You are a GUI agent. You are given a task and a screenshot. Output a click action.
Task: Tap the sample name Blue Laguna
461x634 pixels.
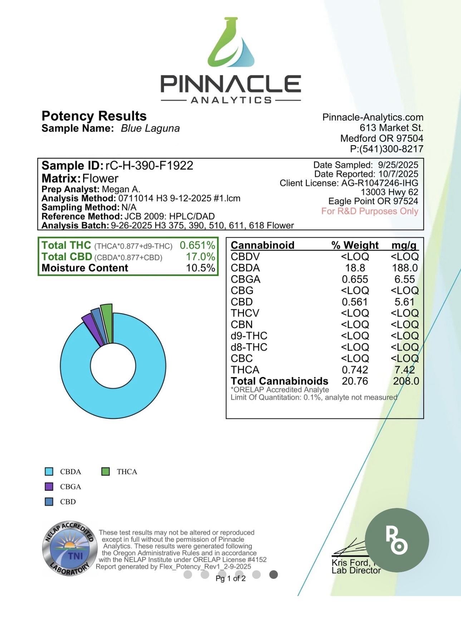(150, 128)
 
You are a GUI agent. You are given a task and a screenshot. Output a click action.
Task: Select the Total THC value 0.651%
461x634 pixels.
(197, 245)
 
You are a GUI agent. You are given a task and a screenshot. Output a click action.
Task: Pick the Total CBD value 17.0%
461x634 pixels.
(200, 257)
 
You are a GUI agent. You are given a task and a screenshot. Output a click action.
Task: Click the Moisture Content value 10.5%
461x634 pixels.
(200, 268)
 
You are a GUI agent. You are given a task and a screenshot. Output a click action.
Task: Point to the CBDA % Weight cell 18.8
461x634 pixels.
(355, 268)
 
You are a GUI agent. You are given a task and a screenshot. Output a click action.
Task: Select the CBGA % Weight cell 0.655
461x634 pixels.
(355, 279)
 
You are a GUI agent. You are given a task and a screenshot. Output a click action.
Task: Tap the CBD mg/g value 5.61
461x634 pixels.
(404, 302)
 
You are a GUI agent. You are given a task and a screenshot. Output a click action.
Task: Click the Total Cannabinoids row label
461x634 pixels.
(279, 381)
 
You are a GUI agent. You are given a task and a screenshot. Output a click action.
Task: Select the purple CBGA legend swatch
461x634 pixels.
(49, 487)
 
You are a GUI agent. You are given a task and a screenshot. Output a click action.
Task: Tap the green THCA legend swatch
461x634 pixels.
(106, 471)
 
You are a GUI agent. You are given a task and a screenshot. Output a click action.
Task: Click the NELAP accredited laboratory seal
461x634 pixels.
(70, 548)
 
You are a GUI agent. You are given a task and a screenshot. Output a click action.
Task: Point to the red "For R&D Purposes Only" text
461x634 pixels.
(369, 211)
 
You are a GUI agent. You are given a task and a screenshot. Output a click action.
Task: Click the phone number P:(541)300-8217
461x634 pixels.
(387, 149)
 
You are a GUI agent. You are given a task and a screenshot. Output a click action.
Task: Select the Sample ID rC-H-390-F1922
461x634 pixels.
(149, 165)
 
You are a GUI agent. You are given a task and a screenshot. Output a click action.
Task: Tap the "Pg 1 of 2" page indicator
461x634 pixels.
(231, 579)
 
